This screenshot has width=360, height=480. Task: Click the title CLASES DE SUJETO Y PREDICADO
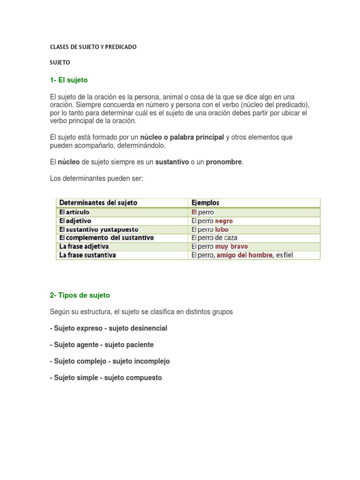[93, 47]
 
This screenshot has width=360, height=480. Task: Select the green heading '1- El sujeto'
[69, 80]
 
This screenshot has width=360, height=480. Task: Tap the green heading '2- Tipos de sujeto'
[80, 295]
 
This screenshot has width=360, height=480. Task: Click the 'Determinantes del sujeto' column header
[98, 203]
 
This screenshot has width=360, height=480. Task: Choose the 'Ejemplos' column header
[205, 203]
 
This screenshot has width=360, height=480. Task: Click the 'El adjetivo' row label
[75, 220]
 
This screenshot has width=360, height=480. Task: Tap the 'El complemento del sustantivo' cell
[106, 238]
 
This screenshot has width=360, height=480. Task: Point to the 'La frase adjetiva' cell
[84, 246]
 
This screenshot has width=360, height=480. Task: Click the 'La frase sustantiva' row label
[88, 255]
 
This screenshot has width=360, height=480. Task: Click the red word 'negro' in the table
[224, 221]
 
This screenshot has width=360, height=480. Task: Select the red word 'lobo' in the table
[222, 229]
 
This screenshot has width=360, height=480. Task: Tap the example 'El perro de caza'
[214, 238]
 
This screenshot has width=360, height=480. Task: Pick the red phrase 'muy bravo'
[232, 246]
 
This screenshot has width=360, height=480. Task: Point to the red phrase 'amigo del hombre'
[244, 255]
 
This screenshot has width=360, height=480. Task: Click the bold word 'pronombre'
[224, 162]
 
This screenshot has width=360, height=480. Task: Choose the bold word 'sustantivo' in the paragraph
[172, 162]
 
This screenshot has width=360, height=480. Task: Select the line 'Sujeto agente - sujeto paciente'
[104, 345]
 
